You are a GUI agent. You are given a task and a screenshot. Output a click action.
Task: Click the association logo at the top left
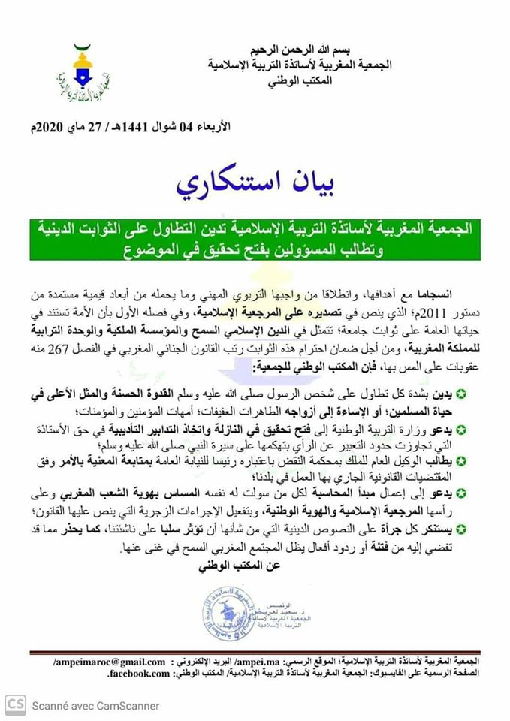(80, 76)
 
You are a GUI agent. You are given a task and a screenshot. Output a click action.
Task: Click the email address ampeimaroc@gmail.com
(109, 662)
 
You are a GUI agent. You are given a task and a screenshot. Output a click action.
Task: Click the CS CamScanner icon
(15, 704)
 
